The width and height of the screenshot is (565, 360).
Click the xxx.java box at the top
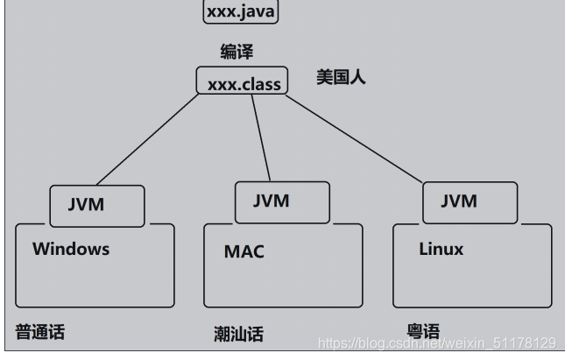240,12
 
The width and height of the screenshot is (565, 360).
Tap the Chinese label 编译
237,53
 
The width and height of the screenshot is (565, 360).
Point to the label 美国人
341,77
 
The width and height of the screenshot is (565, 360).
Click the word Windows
71,249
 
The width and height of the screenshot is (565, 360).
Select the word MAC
244,252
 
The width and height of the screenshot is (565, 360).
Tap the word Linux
441,249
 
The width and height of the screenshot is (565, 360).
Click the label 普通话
39,332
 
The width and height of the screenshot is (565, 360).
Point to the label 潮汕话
238,334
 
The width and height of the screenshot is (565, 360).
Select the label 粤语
423,331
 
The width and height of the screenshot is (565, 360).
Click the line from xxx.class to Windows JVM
149,140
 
